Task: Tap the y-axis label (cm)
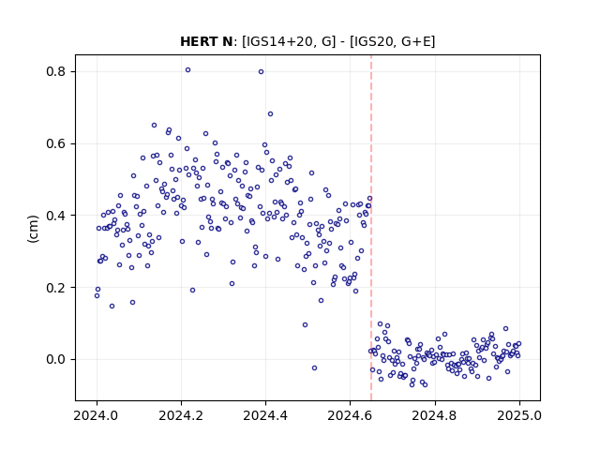(x=34, y=229)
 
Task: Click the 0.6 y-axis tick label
(x=56, y=143)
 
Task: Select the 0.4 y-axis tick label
(x=56, y=216)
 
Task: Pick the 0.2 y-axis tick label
(x=56, y=288)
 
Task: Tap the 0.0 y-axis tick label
(x=56, y=359)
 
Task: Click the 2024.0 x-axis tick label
(x=97, y=415)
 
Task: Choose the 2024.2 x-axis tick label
(x=181, y=415)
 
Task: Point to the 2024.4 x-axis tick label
(x=265, y=415)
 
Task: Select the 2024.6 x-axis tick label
(x=350, y=415)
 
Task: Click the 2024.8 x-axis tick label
(x=434, y=415)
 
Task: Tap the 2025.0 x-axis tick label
(x=519, y=415)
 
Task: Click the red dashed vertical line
(x=371, y=228)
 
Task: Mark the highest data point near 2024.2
(x=187, y=70)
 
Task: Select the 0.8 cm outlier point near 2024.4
(x=261, y=72)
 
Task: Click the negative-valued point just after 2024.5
(x=315, y=368)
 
